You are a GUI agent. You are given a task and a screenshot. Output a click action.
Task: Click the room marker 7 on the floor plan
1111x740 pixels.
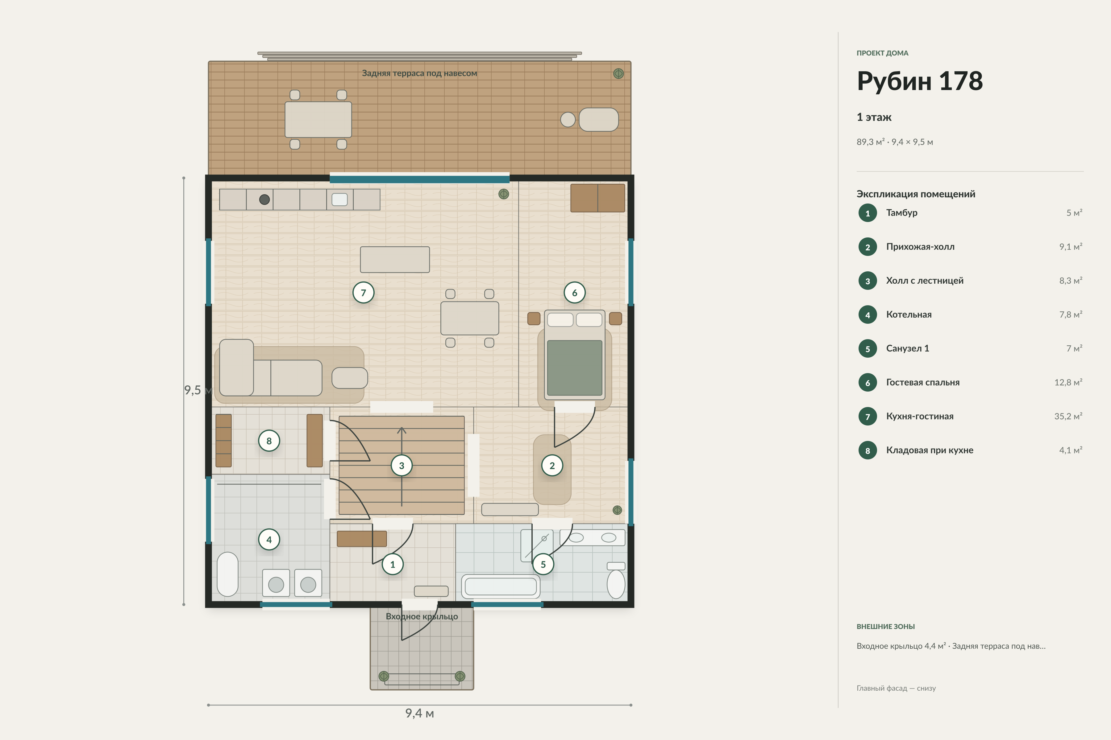click(x=363, y=293)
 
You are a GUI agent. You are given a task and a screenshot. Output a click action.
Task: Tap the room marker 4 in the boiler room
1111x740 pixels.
click(x=269, y=539)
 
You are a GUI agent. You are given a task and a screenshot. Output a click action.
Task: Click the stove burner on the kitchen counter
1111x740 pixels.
click(x=264, y=199)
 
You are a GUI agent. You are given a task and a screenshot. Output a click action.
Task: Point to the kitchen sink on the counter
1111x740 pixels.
click(x=340, y=199)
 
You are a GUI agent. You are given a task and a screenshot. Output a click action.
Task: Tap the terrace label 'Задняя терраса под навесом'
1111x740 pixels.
click(x=419, y=73)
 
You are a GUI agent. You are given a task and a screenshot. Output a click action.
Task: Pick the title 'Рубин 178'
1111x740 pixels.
click(x=920, y=81)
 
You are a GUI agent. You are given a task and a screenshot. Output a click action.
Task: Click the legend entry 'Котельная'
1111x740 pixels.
click(x=909, y=314)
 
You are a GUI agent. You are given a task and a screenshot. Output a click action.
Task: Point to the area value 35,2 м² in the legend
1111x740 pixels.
click(x=1068, y=416)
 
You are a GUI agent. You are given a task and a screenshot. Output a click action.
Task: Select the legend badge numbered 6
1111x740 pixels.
click(x=867, y=383)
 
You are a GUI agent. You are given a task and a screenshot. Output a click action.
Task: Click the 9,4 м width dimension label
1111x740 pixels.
click(x=419, y=713)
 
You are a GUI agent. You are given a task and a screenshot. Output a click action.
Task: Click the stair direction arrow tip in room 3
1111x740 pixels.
click(x=402, y=428)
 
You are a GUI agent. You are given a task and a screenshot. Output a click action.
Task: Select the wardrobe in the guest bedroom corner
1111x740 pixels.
click(x=597, y=198)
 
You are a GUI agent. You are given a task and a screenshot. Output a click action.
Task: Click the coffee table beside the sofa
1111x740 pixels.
click(x=350, y=377)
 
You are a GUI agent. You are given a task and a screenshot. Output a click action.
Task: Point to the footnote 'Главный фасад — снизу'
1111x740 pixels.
click(x=896, y=688)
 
